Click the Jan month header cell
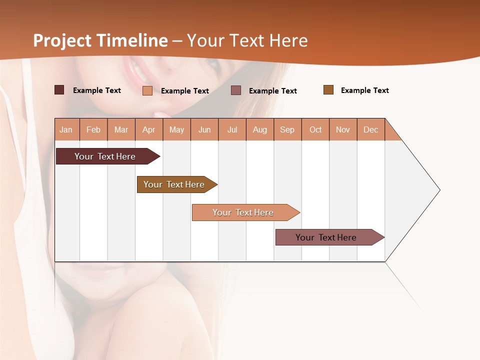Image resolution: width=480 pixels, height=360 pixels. pyautogui.click(x=66, y=129)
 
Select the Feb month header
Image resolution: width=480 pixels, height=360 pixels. pyautogui.click(x=93, y=129)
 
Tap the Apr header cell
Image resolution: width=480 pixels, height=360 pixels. pyautogui.click(x=149, y=129)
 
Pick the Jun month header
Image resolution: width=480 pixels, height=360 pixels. pyautogui.click(x=204, y=129)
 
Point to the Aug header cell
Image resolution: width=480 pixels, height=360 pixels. pyautogui.click(x=260, y=129)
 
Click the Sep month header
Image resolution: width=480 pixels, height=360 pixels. pyautogui.click(x=287, y=129)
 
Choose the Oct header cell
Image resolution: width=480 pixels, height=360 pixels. pyautogui.click(x=315, y=129)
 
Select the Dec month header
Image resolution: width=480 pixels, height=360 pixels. pyautogui.click(x=371, y=129)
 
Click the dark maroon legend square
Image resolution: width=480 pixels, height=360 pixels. pyautogui.click(x=59, y=90)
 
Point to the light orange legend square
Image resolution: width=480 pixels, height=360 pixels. pyautogui.click(x=147, y=90)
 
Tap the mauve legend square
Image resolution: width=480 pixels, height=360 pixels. pyautogui.click(x=236, y=90)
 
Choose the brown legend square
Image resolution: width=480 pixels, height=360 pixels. pyautogui.click(x=328, y=90)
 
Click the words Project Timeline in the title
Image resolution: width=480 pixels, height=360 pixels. pyautogui.click(x=100, y=40)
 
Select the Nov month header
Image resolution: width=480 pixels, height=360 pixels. pyautogui.click(x=343, y=129)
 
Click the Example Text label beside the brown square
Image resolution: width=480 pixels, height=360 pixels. pyautogui.click(x=364, y=90)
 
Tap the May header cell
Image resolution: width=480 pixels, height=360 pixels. pyautogui.click(x=176, y=129)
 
